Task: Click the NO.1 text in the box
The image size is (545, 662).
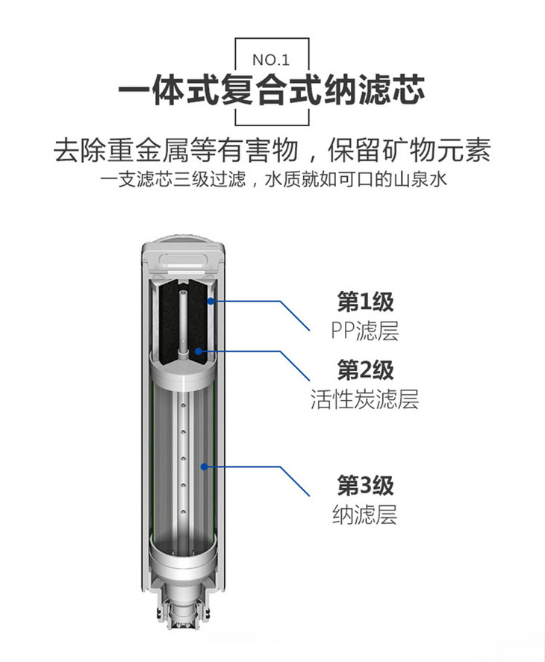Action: click(271, 60)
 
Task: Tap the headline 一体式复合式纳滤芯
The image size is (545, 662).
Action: click(271, 90)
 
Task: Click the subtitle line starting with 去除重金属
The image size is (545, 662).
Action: click(272, 150)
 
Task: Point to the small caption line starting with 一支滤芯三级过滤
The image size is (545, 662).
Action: click(273, 179)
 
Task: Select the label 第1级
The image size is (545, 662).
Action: click(365, 302)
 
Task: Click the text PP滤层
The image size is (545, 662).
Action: click(364, 331)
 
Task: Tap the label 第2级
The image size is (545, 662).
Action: click(365, 370)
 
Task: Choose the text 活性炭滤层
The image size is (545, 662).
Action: click(364, 399)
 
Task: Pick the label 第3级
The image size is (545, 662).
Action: click(365, 486)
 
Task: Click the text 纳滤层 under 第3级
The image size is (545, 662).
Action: click(364, 514)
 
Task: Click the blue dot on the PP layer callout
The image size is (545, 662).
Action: click(211, 301)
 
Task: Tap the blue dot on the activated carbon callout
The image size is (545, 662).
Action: click(198, 351)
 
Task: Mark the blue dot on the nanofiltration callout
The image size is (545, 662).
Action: click(204, 466)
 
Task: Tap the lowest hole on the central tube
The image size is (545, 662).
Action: click(184, 512)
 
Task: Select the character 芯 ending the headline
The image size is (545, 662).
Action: click(408, 90)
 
